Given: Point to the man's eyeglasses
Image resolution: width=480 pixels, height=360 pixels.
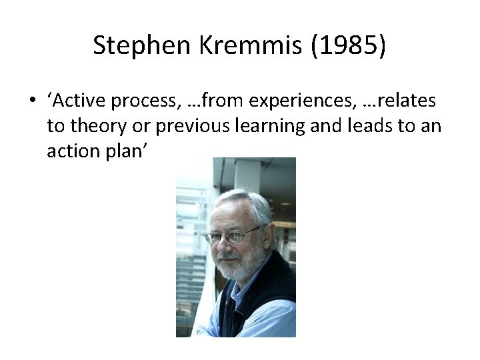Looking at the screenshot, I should (x=229, y=235).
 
